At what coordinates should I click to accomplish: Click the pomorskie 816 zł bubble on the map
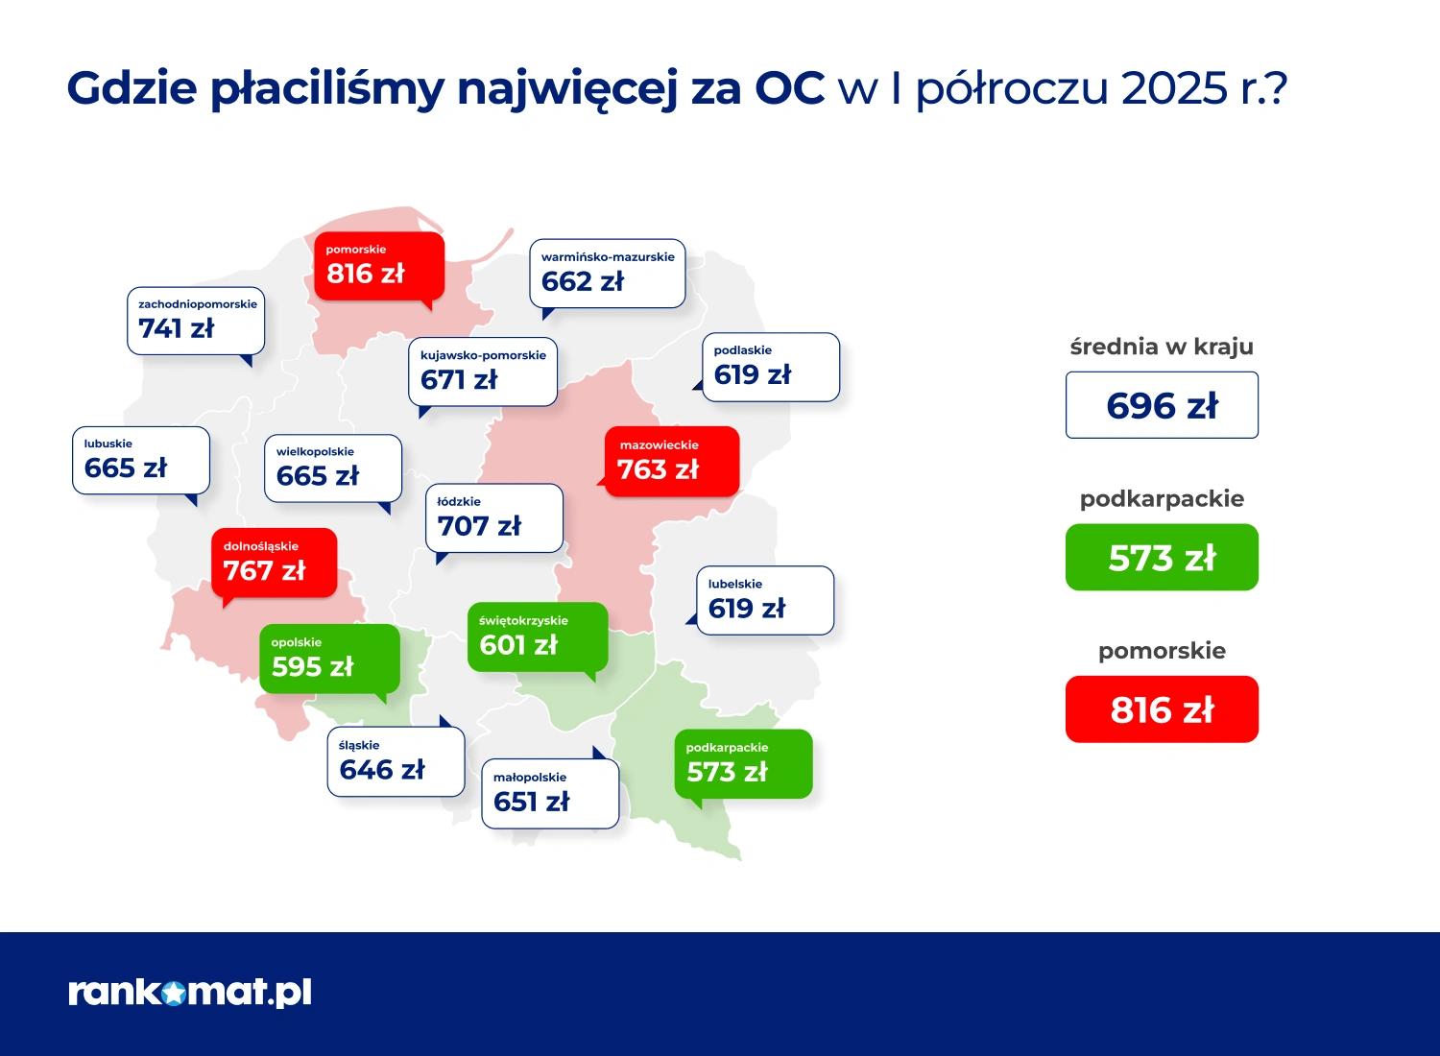[378, 266]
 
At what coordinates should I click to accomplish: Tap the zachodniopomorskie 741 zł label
[196, 321]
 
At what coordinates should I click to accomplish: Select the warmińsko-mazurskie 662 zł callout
[607, 274]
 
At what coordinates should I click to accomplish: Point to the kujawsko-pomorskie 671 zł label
[482, 372]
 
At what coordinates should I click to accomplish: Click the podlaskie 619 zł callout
[770, 367]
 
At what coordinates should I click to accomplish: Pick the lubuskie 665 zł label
[141, 460]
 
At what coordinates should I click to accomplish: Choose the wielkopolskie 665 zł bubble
[332, 468]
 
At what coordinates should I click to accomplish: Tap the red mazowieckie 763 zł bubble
[671, 462]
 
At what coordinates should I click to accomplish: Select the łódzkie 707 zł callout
[493, 518]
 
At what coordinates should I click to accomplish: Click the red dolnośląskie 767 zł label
[274, 563]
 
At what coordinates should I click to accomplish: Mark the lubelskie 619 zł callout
[764, 600]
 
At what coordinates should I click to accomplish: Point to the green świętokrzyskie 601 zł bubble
[538, 637]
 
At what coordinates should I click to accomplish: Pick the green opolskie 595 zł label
[329, 659]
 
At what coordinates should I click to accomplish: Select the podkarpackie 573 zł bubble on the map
[743, 764]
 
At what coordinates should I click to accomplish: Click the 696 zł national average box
[1162, 405]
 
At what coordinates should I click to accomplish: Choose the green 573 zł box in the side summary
[1162, 557]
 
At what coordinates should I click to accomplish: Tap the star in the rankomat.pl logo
[173, 994]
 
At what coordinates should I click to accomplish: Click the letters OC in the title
[789, 87]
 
